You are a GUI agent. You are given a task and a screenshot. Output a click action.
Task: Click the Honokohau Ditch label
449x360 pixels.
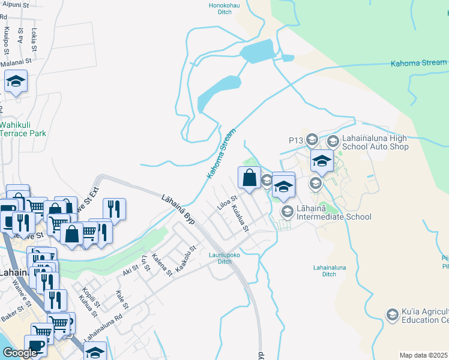(x=216, y=8)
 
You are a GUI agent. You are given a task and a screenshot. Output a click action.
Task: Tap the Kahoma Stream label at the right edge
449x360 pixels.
(x=418, y=62)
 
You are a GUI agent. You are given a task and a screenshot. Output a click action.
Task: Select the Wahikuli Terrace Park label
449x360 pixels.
(x=23, y=129)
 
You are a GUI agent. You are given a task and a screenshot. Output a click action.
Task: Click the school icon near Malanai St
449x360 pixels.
(x=16, y=82)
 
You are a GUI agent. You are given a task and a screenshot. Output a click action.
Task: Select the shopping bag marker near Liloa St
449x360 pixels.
(x=249, y=178)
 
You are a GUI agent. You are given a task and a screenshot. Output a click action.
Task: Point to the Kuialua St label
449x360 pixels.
(x=240, y=217)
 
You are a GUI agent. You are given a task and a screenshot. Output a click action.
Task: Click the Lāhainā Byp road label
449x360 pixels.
(x=179, y=207)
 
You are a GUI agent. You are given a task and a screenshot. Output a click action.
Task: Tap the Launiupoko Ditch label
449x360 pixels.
(x=220, y=258)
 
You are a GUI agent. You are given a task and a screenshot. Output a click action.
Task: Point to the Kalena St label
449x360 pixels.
(x=161, y=265)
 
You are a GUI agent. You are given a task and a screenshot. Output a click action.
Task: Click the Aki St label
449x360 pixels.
(x=130, y=272)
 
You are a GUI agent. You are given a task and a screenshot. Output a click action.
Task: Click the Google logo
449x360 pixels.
(x=20, y=353)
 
